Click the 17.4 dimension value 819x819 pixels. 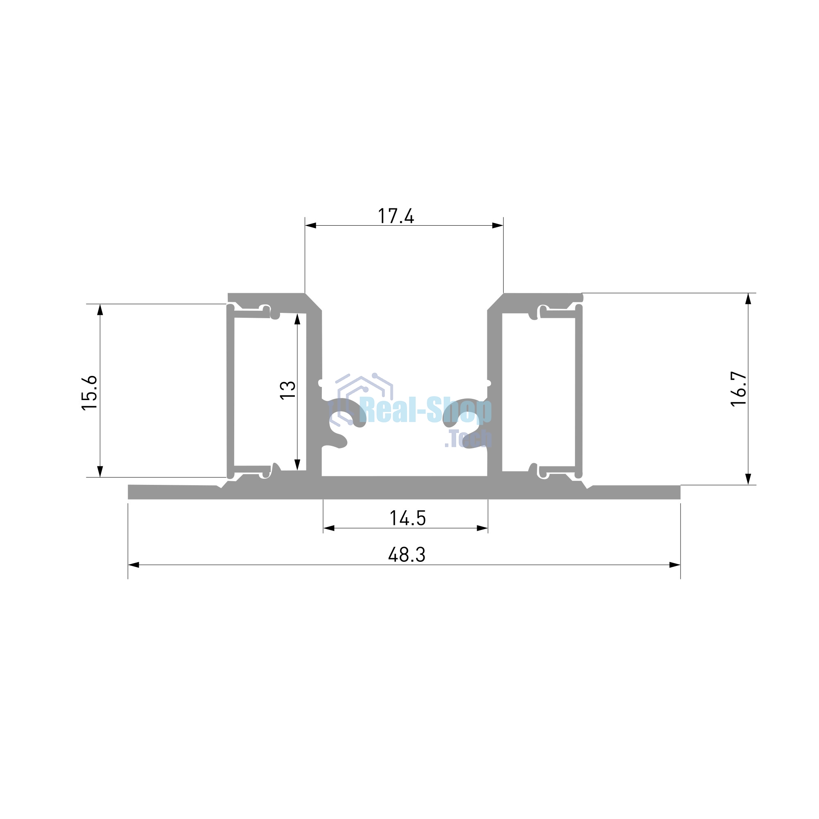396,216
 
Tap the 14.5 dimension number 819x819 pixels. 407,518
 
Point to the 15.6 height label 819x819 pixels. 89,393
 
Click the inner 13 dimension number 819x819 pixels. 288,389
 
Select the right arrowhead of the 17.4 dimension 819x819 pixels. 498,226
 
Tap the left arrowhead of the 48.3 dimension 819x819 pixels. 133,565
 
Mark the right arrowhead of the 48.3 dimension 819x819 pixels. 675,565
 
